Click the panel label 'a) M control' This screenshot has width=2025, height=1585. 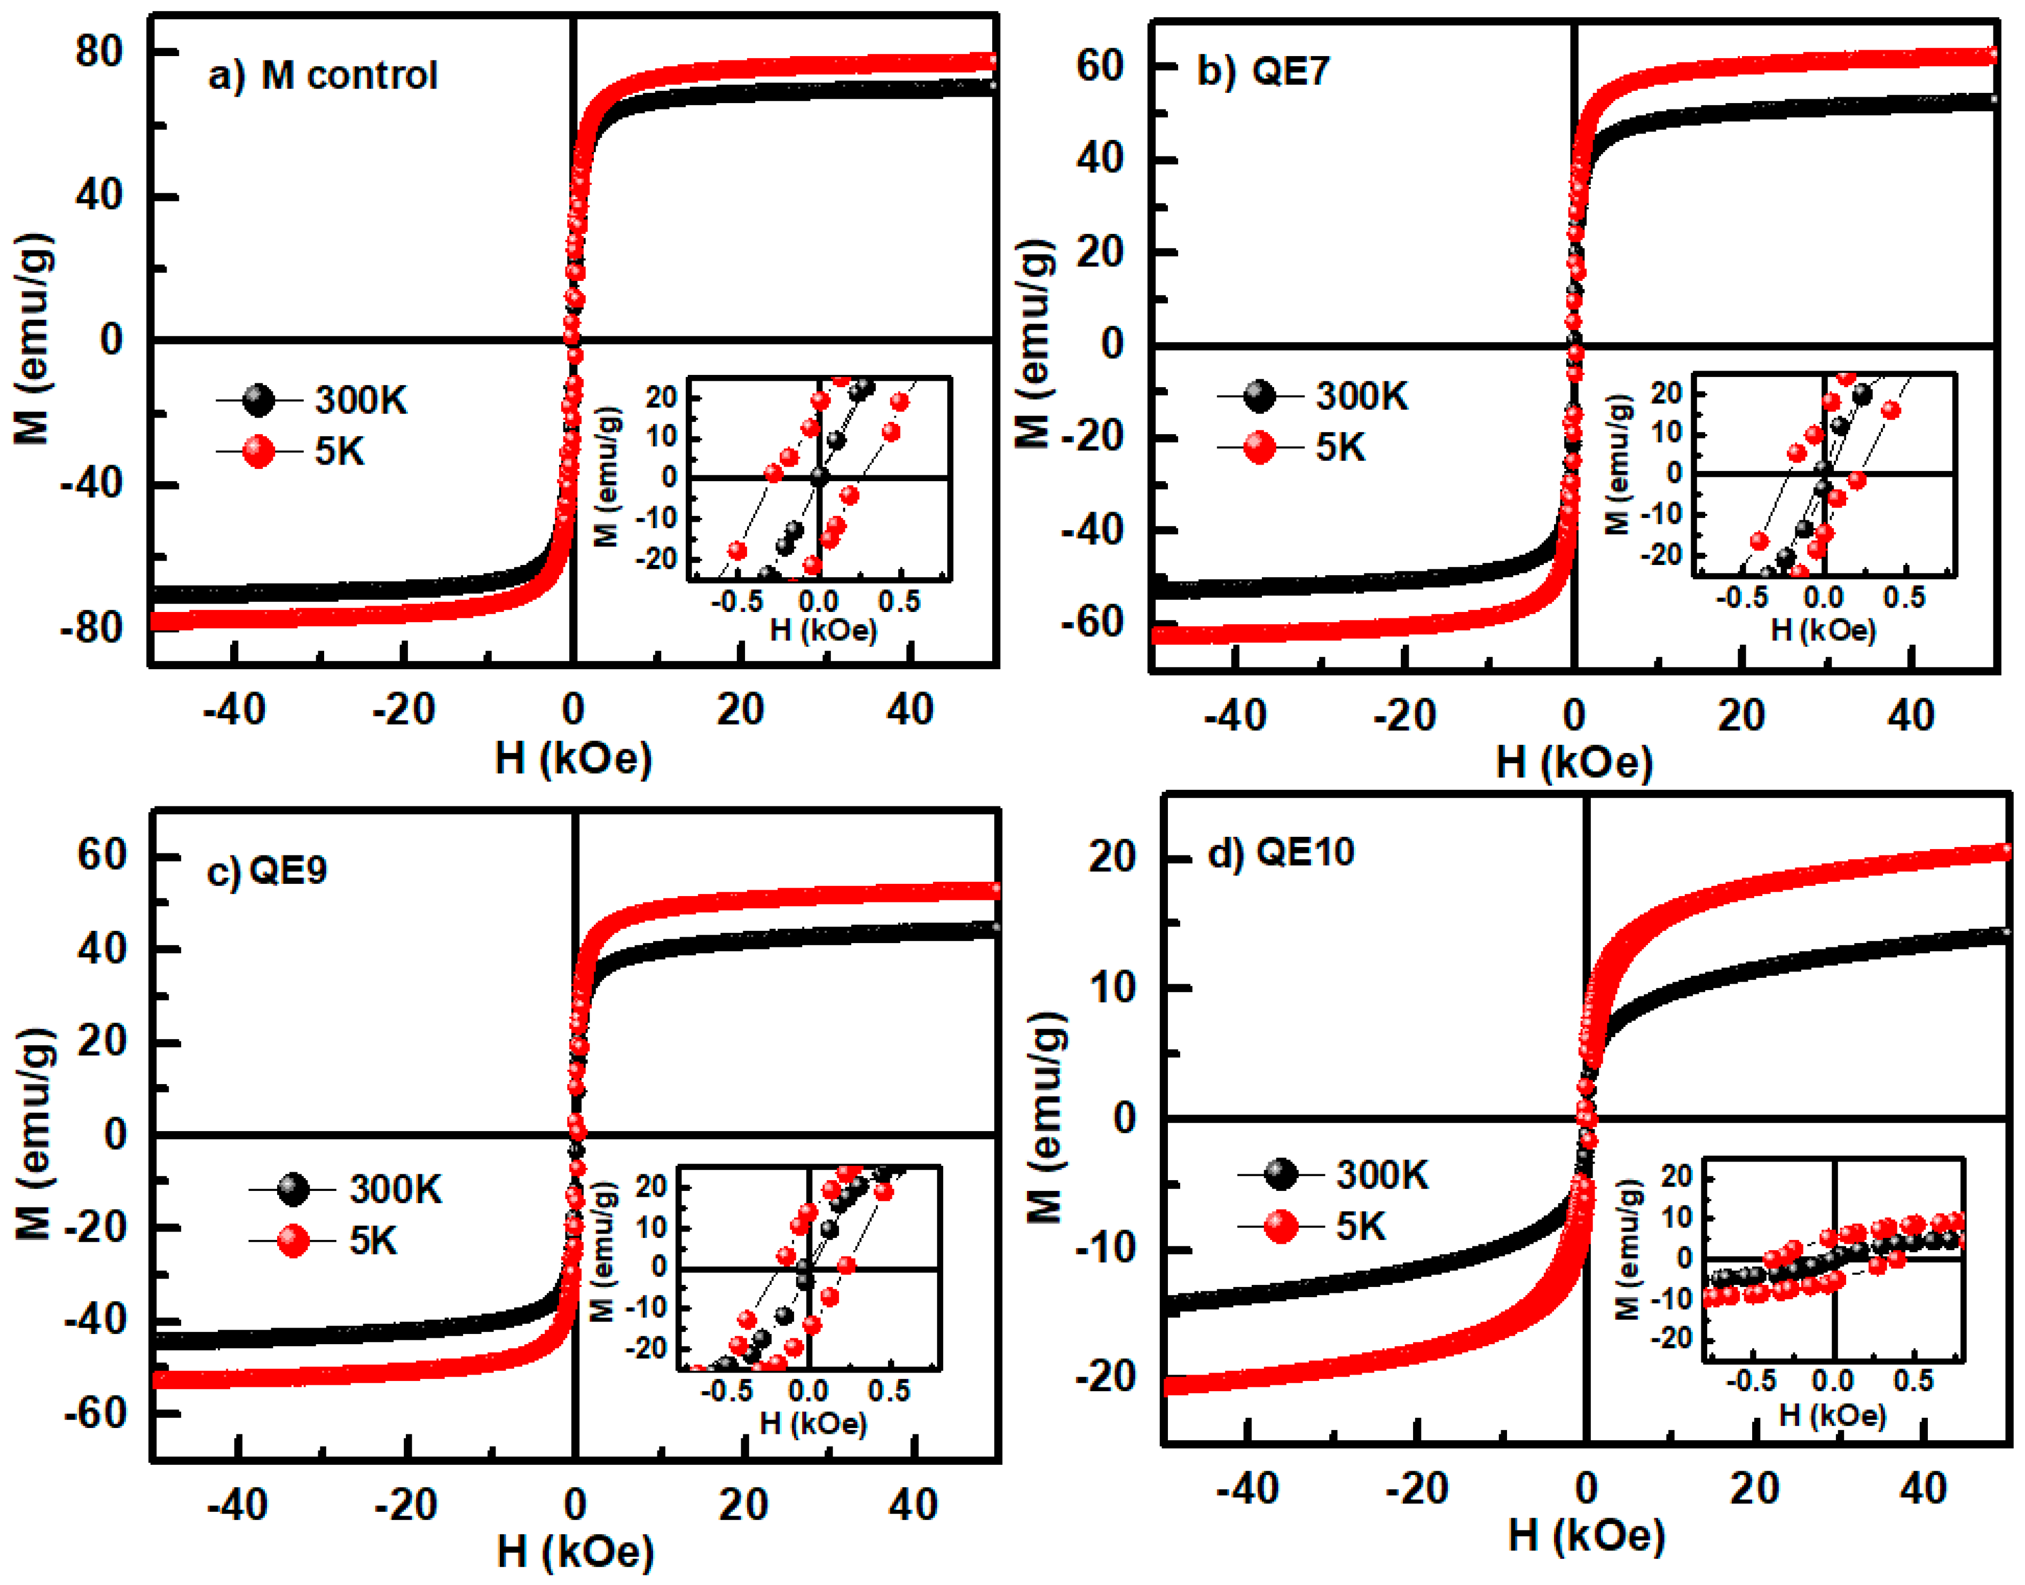click(x=322, y=75)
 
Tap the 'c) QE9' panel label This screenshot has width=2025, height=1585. click(x=266, y=870)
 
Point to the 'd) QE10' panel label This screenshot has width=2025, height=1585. click(x=1281, y=852)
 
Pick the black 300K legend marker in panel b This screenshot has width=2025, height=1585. click(x=1259, y=396)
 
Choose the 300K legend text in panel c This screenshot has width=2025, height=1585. click(x=395, y=1190)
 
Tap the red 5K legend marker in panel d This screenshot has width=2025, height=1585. click(x=1281, y=1227)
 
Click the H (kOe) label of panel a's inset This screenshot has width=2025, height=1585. click(x=823, y=630)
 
